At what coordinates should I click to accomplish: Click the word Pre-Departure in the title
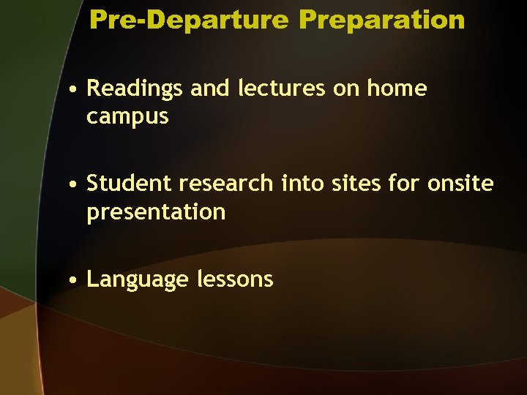point(189,20)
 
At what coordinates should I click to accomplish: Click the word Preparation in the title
point(381,20)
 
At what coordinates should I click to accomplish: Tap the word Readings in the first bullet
point(135,89)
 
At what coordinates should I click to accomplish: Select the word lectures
point(264,89)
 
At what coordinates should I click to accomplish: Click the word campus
point(127,117)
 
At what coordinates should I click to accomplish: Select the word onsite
point(460,184)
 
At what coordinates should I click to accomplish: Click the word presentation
point(156,212)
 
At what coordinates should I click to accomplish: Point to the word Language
point(137,279)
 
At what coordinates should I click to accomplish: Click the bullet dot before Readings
point(75,91)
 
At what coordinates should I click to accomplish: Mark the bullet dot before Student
point(75,185)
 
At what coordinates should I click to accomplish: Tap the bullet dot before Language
point(75,280)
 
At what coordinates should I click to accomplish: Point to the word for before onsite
point(403,184)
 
